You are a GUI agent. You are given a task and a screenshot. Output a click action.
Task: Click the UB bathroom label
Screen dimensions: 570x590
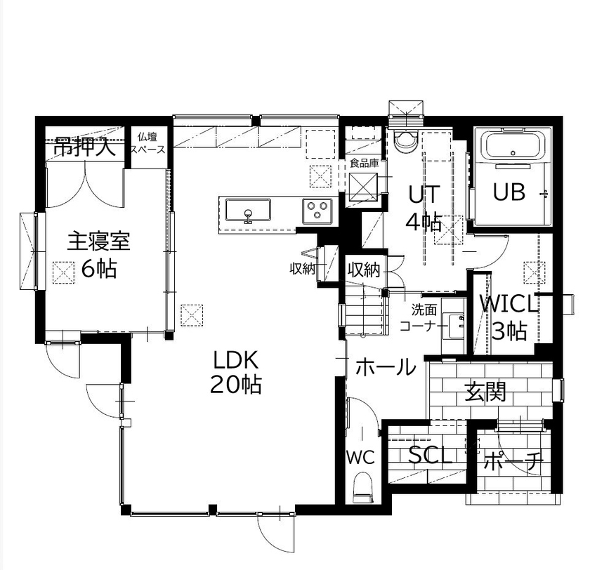pyautogui.click(x=509, y=192)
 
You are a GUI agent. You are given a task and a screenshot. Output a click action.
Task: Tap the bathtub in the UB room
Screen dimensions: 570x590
pyautogui.click(x=513, y=148)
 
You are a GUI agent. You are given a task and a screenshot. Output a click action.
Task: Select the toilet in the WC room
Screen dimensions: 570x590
pyautogui.click(x=363, y=486)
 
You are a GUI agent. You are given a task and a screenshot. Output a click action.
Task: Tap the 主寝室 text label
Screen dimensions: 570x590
pyautogui.click(x=98, y=241)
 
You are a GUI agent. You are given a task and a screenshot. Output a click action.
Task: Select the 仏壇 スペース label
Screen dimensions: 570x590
pyautogui.click(x=147, y=143)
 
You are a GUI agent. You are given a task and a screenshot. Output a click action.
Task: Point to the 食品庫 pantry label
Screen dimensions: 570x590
pyautogui.click(x=364, y=164)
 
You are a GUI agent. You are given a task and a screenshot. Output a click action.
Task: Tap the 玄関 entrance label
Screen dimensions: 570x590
pyautogui.click(x=485, y=392)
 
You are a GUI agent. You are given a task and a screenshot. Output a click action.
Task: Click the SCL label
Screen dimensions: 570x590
pyautogui.click(x=431, y=456)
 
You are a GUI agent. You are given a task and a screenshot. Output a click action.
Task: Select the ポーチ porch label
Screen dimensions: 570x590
pyautogui.click(x=513, y=461)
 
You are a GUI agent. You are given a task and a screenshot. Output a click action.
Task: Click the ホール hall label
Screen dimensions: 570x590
pyautogui.click(x=385, y=367)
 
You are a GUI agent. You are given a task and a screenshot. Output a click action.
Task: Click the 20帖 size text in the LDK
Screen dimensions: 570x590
pyautogui.click(x=235, y=385)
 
